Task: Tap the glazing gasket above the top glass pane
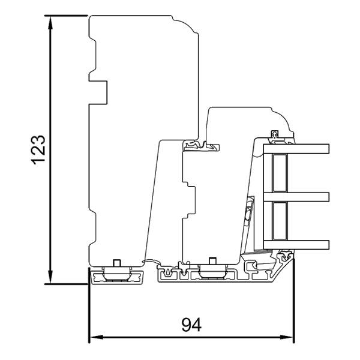[x=276, y=137]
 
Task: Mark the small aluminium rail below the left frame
[x=118, y=277]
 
